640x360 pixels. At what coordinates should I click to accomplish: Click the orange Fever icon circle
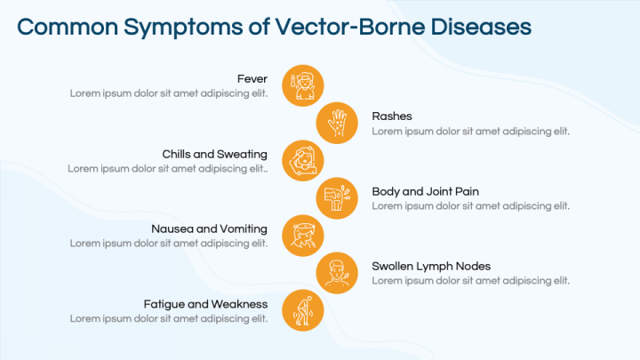(303, 85)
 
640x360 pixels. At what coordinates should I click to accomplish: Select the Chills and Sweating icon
(303, 161)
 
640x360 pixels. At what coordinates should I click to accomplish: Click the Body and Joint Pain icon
(339, 198)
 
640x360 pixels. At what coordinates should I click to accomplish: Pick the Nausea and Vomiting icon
(303, 236)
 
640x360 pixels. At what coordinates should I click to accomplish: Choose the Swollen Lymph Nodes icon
(339, 274)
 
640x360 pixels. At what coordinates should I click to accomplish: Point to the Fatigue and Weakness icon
(303, 311)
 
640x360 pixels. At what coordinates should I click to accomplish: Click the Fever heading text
(252, 79)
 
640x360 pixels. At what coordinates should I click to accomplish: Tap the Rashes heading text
(392, 116)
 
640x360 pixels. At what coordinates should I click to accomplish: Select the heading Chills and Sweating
(214, 154)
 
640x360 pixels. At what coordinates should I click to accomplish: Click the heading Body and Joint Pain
(426, 191)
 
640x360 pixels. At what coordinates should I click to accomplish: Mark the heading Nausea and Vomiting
(209, 228)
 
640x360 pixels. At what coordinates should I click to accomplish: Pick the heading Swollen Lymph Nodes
(431, 266)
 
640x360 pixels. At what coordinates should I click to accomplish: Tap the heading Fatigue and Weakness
(205, 304)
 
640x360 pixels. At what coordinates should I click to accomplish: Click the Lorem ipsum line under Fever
(169, 93)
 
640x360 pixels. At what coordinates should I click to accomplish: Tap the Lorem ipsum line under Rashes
(470, 131)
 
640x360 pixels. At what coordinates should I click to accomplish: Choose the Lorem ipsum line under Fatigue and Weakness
(169, 318)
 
